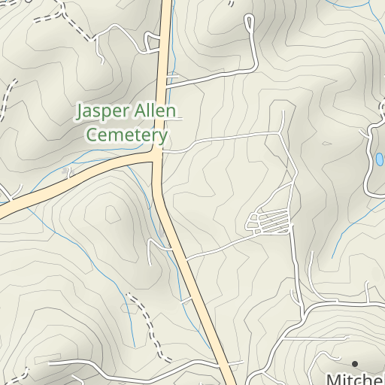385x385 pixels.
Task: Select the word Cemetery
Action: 126,135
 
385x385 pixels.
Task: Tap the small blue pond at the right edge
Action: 379,159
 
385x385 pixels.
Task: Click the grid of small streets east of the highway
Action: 269,222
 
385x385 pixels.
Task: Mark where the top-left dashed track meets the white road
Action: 89,35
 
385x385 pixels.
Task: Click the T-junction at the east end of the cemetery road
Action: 280,133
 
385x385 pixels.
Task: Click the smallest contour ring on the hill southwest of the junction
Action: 113,214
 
